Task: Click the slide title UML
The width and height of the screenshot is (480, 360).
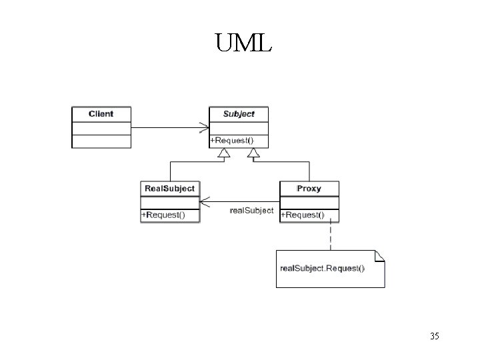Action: (x=243, y=45)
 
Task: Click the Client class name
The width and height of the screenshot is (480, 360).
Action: (x=101, y=114)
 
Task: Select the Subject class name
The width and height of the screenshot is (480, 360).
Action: (x=239, y=114)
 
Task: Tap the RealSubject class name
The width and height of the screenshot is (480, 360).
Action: (x=170, y=189)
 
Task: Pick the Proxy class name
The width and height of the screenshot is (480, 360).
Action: (x=309, y=189)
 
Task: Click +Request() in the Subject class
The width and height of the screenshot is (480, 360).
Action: (x=231, y=141)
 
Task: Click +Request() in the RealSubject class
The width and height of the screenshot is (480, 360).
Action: (x=163, y=215)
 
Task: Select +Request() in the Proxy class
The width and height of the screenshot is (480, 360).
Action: (x=302, y=215)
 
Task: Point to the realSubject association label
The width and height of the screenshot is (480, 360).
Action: (x=251, y=211)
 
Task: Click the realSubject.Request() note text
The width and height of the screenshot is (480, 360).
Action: (x=322, y=268)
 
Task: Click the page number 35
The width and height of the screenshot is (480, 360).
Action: (x=434, y=337)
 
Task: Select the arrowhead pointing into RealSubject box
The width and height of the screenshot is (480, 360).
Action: (x=205, y=201)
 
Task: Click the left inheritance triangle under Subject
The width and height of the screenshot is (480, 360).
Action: (x=223, y=153)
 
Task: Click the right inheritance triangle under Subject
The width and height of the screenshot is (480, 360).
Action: (x=253, y=153)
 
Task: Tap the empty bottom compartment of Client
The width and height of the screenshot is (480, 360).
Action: (x=101, y=141)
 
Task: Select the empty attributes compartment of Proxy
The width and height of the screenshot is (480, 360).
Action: (x=309, y=202)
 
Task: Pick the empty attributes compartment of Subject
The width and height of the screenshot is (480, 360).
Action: (x=239, y=127)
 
